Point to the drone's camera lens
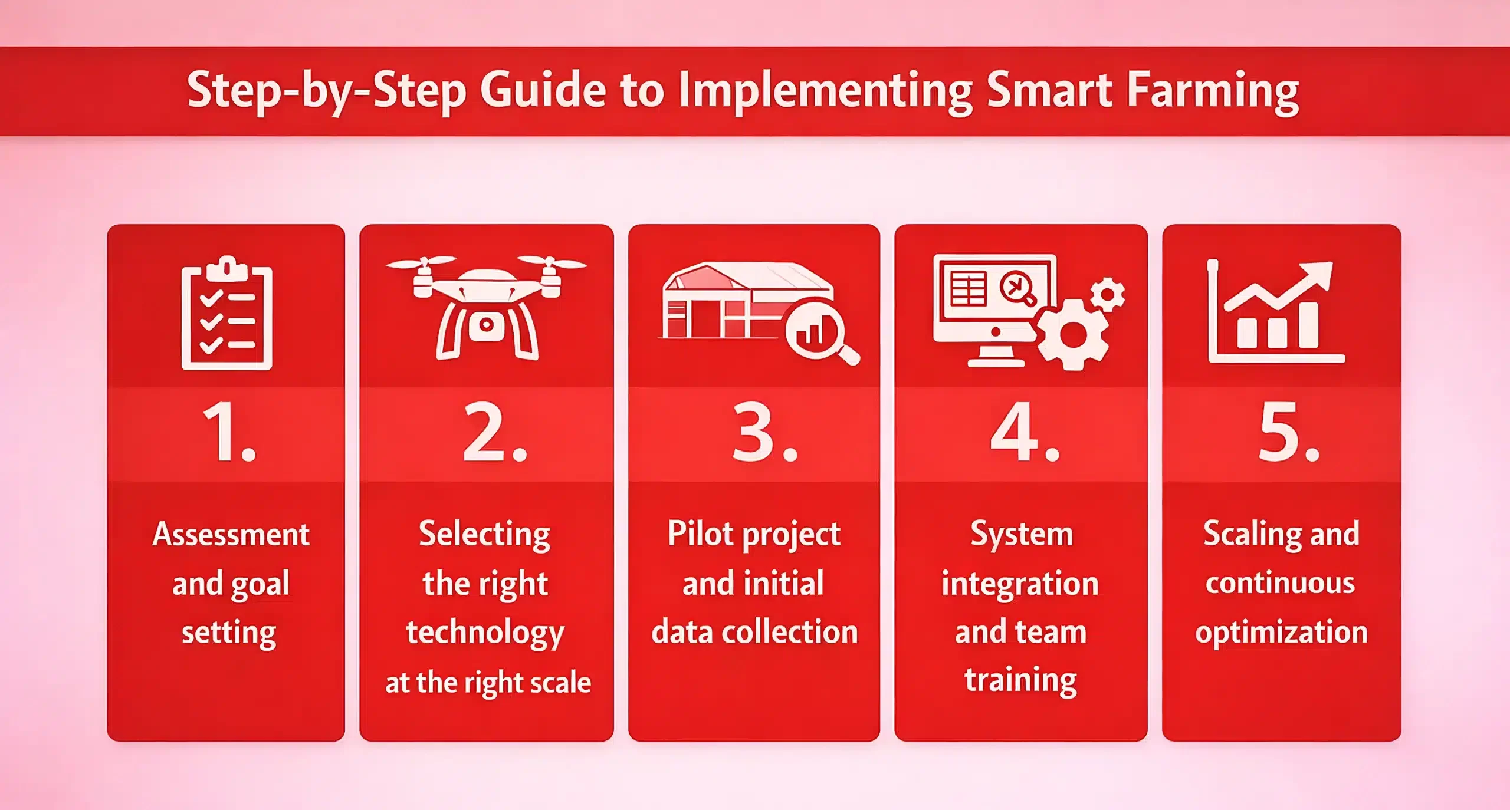486,325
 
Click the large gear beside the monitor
1072,334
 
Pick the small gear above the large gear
1107,294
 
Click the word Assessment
231,534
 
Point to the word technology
485,633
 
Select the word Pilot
700,534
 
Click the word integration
1020,584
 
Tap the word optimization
1281,633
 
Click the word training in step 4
1020,680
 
